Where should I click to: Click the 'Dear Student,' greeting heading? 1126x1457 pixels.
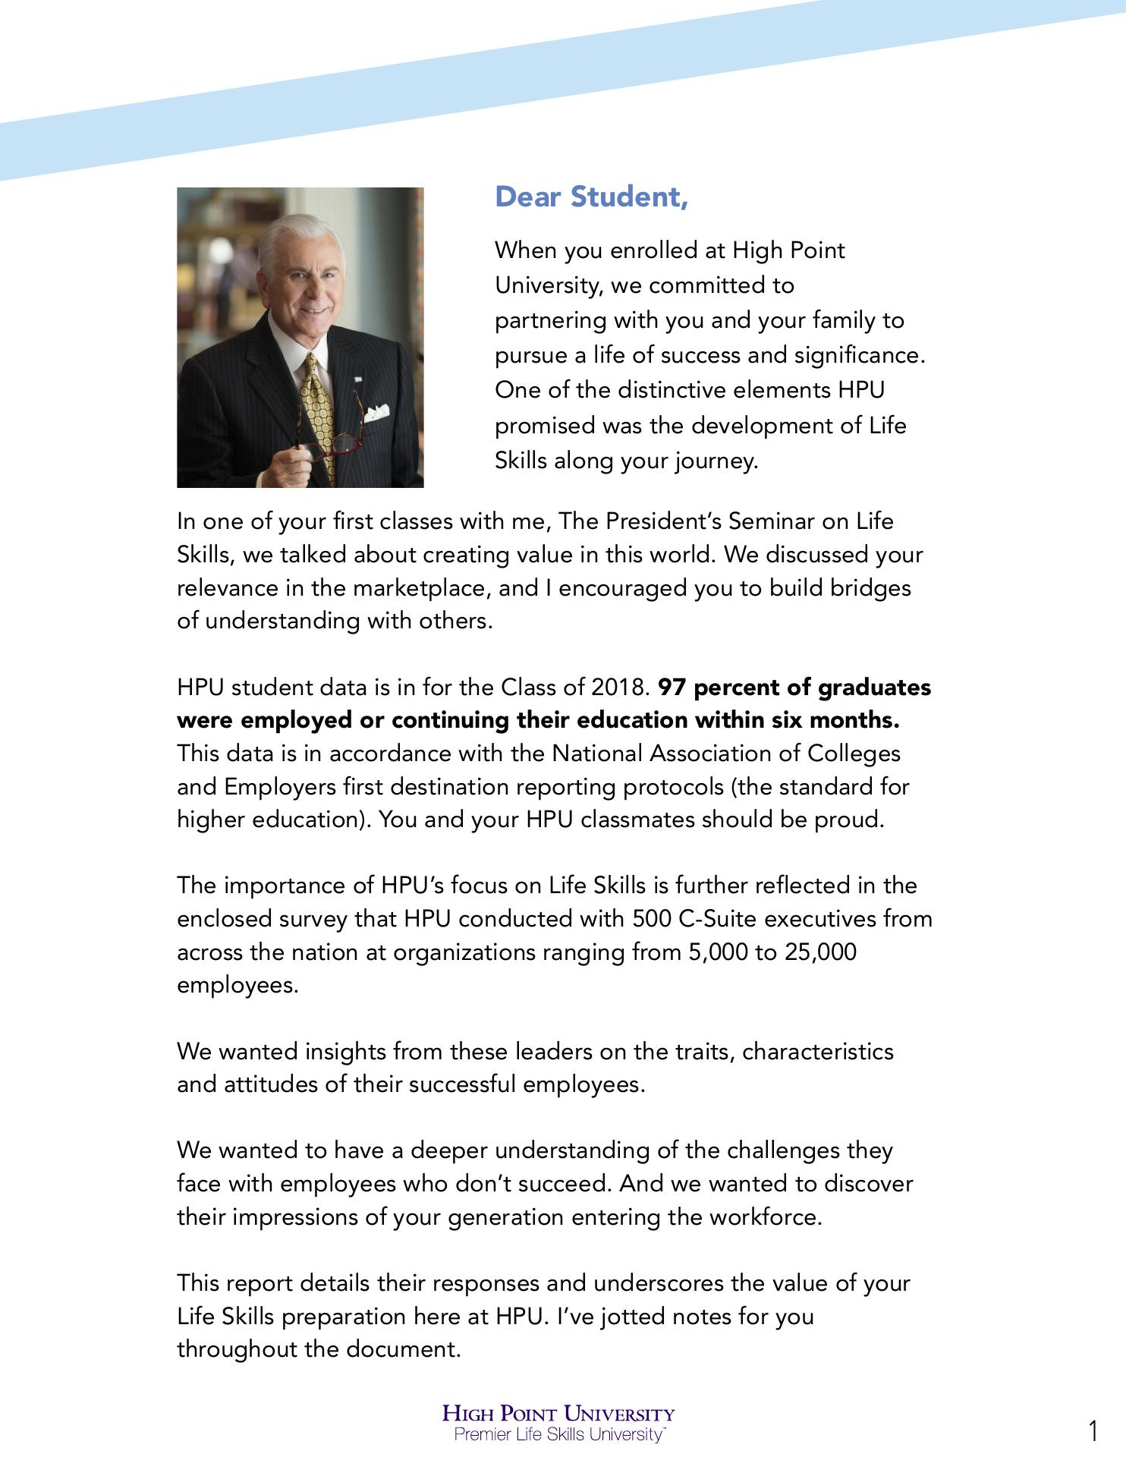click(x=591, y=197)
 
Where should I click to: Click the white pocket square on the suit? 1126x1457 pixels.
click(x=377, y=413)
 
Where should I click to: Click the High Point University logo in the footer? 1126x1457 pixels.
click(x=559, y=1414)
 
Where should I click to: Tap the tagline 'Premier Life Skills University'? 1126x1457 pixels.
click(x=559, y=1434)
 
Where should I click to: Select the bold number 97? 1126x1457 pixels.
click(x=672, y=688)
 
